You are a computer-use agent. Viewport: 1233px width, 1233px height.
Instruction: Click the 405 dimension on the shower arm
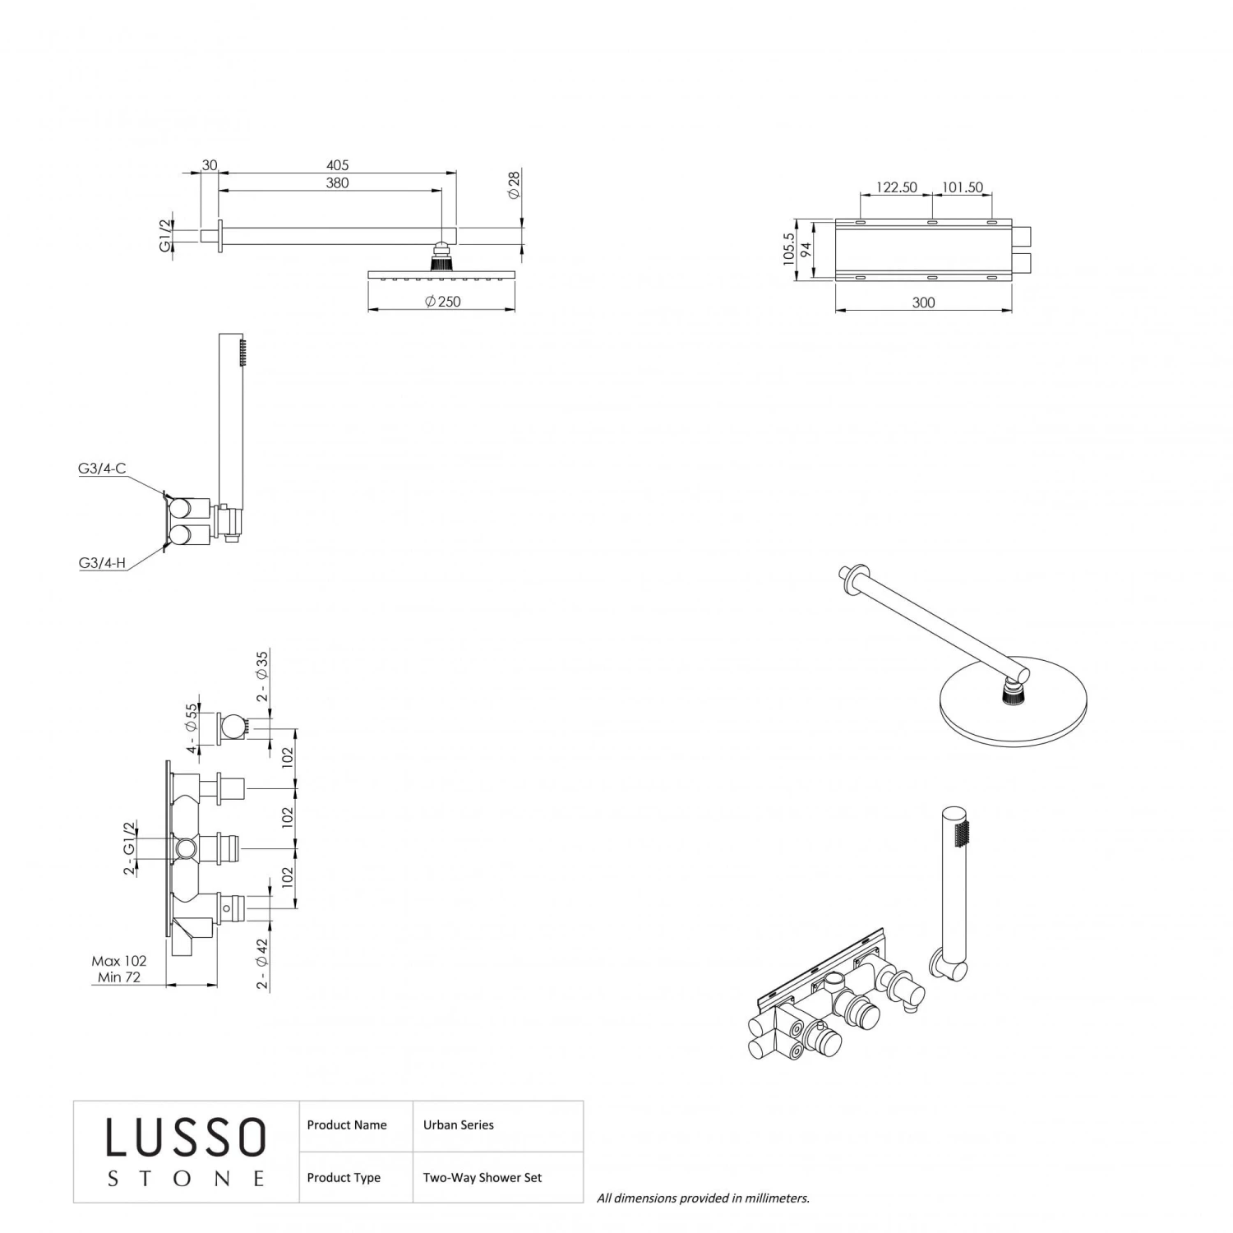(337, 165)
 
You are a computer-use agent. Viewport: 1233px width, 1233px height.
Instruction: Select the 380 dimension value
(337, 183)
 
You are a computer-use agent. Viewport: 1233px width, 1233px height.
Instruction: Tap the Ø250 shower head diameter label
(443, 302)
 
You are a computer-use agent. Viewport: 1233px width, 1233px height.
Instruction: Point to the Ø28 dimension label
(514, 184)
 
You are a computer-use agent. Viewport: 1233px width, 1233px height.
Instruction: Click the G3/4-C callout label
(102, 469)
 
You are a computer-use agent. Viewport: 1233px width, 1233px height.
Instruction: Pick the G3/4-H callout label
(102, 563)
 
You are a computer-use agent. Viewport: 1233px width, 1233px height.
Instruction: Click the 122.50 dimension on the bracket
(896, 187)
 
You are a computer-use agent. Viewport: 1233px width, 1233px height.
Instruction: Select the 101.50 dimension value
(962, 187)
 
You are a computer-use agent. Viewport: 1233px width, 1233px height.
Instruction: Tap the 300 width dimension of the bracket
(923, 302)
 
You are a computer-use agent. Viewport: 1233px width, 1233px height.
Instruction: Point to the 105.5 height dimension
(789, 249)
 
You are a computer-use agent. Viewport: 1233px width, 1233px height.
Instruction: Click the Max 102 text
(119, 961)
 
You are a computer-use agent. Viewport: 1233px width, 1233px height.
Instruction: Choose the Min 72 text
(119, 977)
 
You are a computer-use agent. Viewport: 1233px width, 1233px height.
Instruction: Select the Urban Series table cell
(459, 1125)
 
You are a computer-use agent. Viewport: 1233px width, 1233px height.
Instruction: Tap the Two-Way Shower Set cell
(483, 1178)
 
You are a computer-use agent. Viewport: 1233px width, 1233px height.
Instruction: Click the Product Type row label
(344, 1178)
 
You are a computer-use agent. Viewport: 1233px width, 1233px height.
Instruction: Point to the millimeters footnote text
(703, 1198)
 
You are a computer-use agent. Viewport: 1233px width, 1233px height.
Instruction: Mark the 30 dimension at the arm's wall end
(210, 165)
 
